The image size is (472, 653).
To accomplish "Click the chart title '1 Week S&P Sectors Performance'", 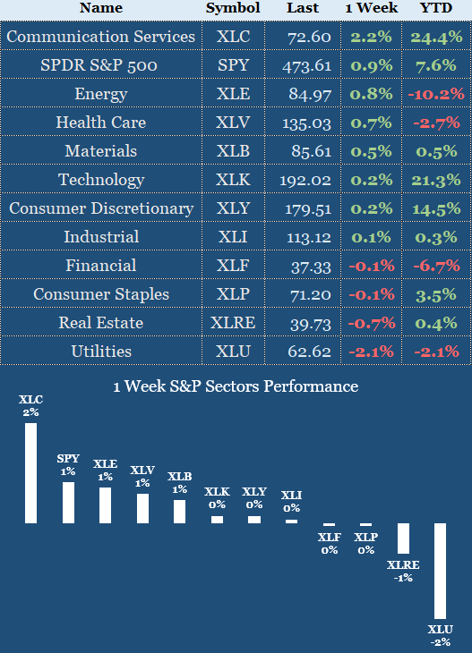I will click(236, 386).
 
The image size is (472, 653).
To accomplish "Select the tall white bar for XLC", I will click(30, 472).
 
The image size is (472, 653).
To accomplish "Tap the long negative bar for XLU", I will click(440, 571).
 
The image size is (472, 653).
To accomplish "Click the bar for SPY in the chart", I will click(68, 503).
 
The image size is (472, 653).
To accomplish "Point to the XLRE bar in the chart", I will click(403, 539).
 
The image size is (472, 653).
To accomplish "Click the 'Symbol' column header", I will click(233, 8).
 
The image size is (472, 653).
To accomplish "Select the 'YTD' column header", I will click(436, 8).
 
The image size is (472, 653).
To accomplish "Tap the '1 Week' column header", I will click(372, 8).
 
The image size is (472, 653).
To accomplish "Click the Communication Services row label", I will click(100, 37).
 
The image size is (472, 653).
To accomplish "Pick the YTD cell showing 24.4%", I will click(436, 38).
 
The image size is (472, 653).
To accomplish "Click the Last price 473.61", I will click(309, 65).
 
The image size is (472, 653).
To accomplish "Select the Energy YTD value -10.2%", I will click(436, 94).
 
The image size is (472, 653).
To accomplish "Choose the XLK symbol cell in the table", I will click(233, 180).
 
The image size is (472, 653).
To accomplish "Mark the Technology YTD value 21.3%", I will click(436, 180).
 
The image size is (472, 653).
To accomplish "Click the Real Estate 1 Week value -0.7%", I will click(372, 323).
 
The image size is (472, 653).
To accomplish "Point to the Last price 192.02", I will click(309, 180).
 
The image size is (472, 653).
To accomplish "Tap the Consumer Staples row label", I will click(100, 294).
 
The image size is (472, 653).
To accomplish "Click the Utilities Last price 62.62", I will click(309, 352).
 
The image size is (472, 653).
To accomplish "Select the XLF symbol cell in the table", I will click(233, 266).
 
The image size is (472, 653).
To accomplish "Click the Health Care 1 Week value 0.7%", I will click(372, 123).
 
